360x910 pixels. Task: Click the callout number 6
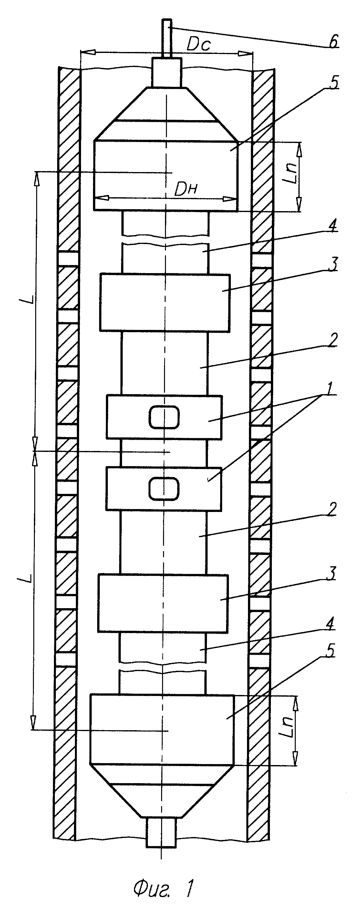coord(333,42)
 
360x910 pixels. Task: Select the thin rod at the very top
coord(167,38)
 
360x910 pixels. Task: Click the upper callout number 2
coord(333,340)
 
